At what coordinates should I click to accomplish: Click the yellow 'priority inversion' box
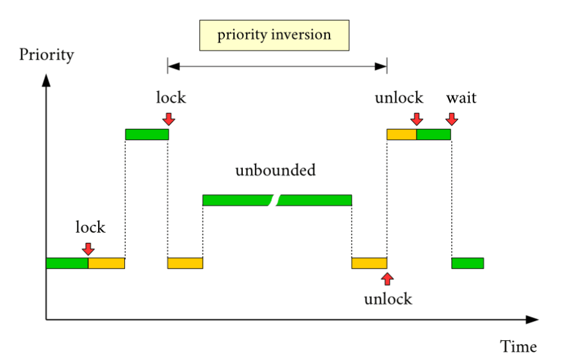point(274,35)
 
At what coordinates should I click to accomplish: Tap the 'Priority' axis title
point(46,55)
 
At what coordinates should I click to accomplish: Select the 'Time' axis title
point(518,347)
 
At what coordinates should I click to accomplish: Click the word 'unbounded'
point(276,170)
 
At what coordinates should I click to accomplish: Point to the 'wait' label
point(461,98)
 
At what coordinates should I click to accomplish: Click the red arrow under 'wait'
point(452,119)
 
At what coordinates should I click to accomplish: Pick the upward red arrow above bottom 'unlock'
point(387,279)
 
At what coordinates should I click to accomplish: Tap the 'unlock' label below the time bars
point(388,299)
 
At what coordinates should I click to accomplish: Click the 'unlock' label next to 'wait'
point(399,97)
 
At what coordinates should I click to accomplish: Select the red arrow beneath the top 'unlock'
point(417,119)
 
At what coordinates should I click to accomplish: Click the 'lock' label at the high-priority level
point(171,97)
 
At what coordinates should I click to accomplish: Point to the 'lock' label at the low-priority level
point(90,227)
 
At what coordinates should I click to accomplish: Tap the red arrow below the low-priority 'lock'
point(88,249)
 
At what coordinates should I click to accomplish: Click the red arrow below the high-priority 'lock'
point(169,119)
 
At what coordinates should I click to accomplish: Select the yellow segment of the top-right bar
point(401,135)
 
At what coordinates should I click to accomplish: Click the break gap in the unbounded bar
point(276,200)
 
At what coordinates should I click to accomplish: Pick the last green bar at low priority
point(468,263)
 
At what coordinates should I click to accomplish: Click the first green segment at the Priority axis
point(67,263)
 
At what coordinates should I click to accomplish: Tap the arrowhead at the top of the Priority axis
point(46,80)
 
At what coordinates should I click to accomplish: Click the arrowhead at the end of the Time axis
point(533,320)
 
